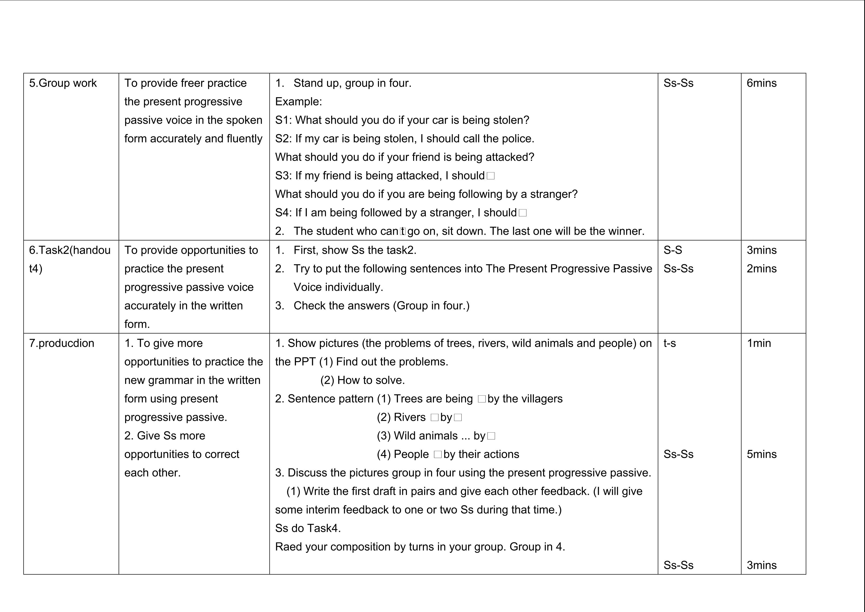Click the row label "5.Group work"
(63, 83)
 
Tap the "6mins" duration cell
(761, 83)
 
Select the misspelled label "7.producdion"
(61, 343)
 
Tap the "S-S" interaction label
(673, 250)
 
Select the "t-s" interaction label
(669, 343)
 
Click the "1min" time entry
(758, 343)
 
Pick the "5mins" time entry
(761, 454)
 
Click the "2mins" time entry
(761, 269)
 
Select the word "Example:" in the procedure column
(298, 102)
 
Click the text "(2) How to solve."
(362, 380)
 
